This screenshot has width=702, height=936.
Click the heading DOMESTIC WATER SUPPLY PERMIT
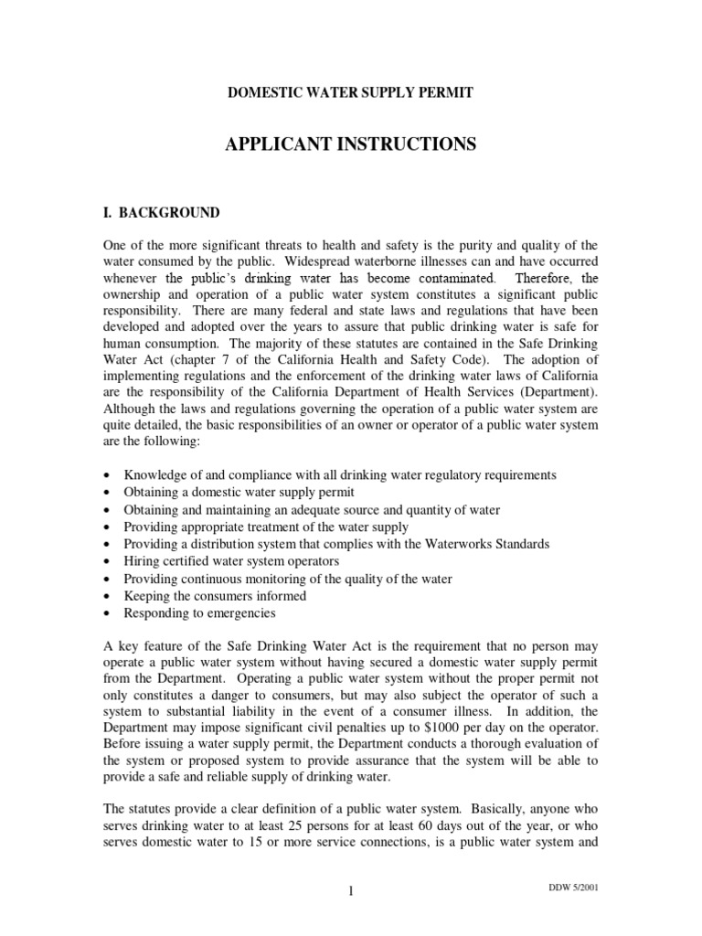[x=350, y=92]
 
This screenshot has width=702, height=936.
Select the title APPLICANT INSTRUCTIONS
[x=350, y=144]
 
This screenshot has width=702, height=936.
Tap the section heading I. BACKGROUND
[x=160, y=213]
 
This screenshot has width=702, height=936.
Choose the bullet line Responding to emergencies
[x=199, y=613]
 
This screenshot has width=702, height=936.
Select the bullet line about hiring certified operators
[x=231, y=561]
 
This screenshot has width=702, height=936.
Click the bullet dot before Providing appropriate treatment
[x=110, y=527]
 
